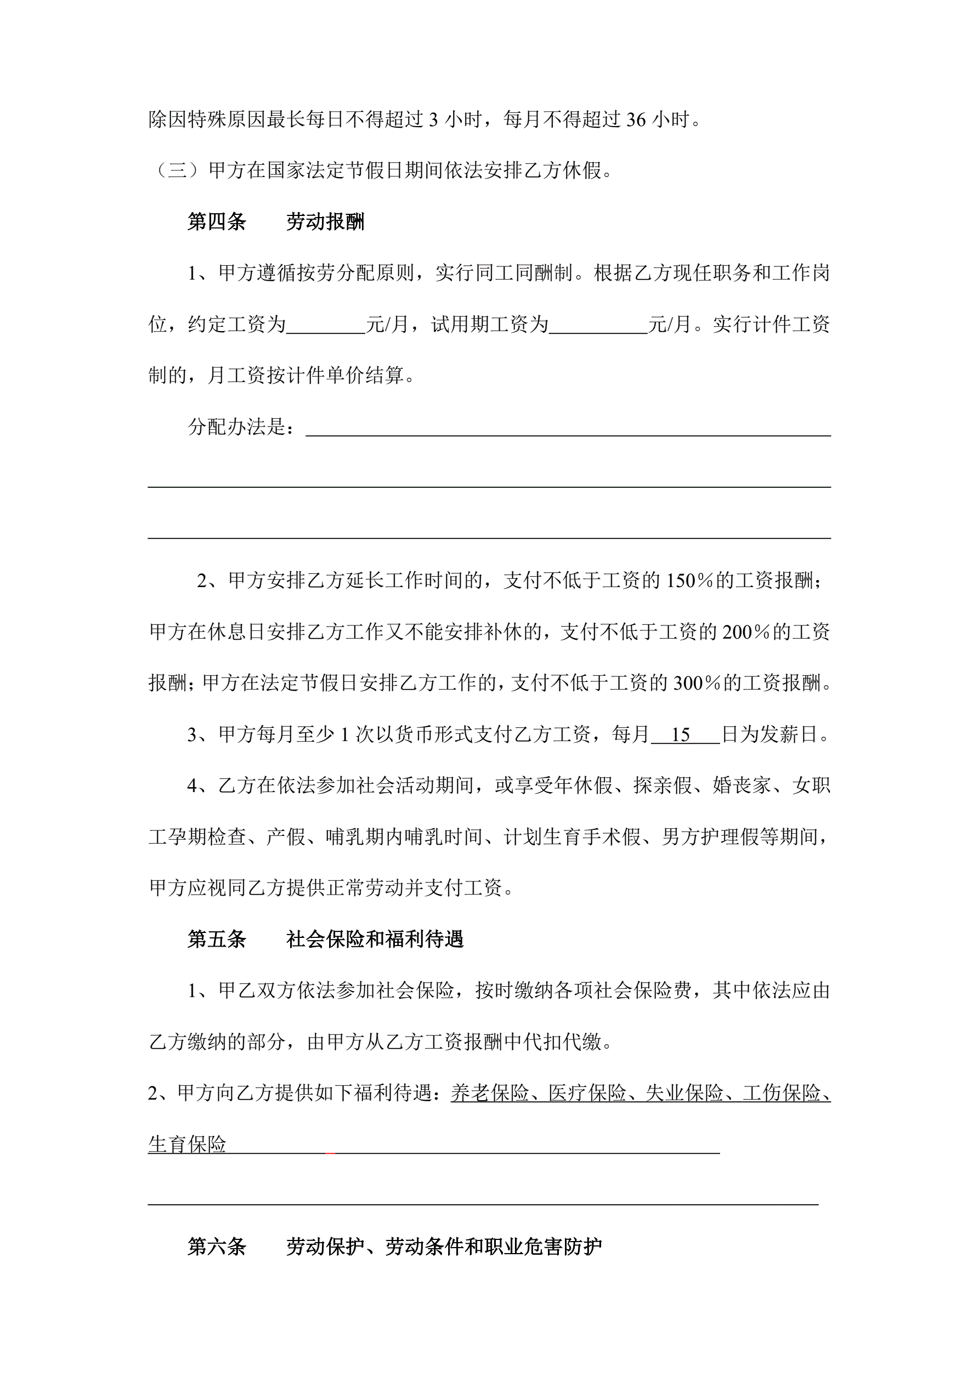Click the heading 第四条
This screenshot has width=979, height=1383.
pos(217,222)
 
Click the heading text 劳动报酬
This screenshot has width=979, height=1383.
pos(326,222)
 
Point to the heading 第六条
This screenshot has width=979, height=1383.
pos(217,1247)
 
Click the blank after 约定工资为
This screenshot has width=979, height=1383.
pos(326,325)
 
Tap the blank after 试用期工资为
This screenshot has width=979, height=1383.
pos(598,325)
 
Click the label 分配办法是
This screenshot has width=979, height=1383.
pos(241,428)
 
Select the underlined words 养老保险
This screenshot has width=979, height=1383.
pos(490,1093)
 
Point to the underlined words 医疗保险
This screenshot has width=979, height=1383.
pos(587,1093)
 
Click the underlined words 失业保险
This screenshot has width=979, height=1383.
pos(684,1093)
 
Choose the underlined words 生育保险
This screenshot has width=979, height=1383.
pos(188,1145)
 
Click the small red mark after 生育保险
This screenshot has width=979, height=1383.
pos(330,1152)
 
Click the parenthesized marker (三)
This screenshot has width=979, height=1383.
pos(177,171)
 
